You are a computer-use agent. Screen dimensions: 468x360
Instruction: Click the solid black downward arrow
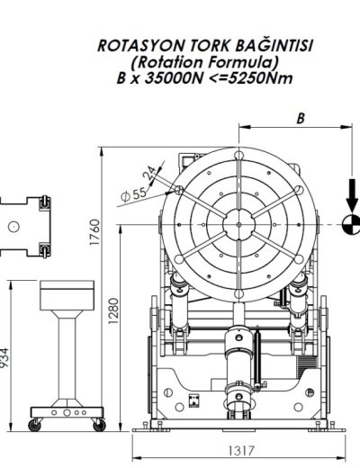352,193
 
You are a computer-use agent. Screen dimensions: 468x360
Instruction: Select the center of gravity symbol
352,223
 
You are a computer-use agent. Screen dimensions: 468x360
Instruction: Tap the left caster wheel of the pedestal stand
36,422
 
